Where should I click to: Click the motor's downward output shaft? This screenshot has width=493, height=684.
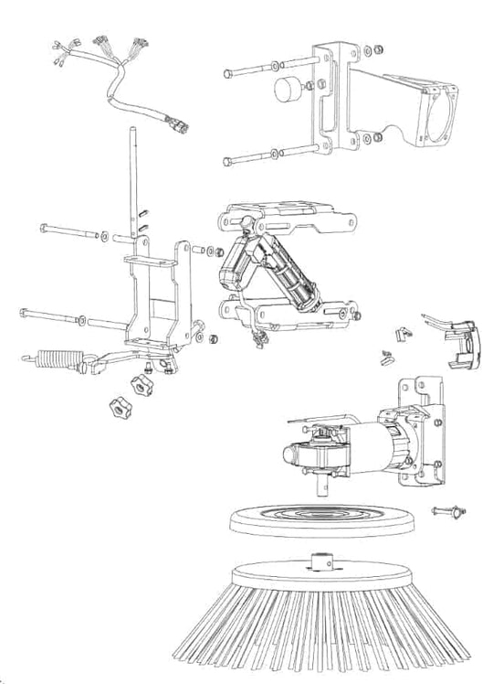click(321, 484)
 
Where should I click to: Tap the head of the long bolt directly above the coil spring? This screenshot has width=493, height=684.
click(20, 315)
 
